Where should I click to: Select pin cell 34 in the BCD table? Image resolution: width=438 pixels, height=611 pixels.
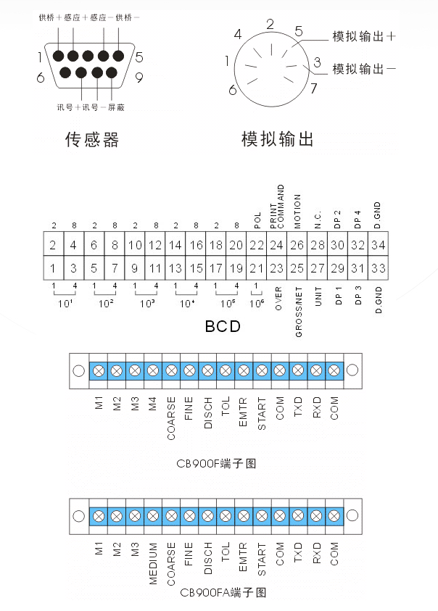pos(378,246)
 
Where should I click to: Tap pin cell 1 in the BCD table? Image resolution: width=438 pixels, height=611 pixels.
pos(53,268)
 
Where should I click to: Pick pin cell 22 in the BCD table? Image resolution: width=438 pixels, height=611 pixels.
pos(256,246)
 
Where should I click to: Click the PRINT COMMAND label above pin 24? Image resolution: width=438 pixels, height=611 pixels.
pos(277,207)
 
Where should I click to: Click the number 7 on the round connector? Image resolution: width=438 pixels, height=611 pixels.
pos(313,89)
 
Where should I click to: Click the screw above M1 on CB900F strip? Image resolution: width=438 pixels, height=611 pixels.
pos(99,371)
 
